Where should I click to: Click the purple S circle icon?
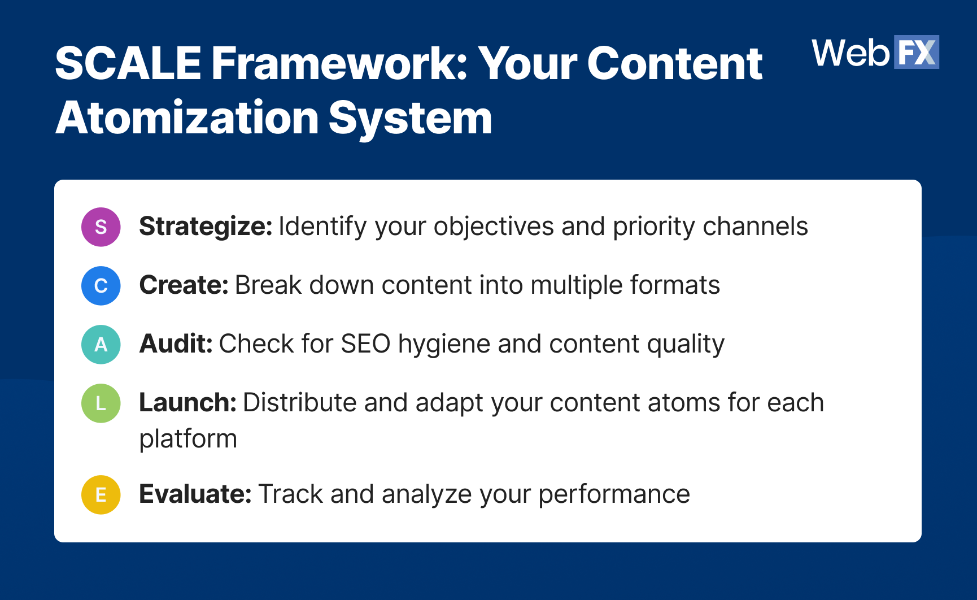[x=101, y=227]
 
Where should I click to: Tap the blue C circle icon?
[x=101, y=286]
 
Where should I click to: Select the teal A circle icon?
[x=101, y=345]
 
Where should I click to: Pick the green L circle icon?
[x=101, y=403]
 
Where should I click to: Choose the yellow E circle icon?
[x=101, y=495]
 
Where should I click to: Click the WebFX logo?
[x=875, y=53]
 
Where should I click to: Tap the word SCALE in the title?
[x=129, y=63]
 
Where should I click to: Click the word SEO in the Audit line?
[x=365, y=344]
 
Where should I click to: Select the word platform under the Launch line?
[x=188, y=440]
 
